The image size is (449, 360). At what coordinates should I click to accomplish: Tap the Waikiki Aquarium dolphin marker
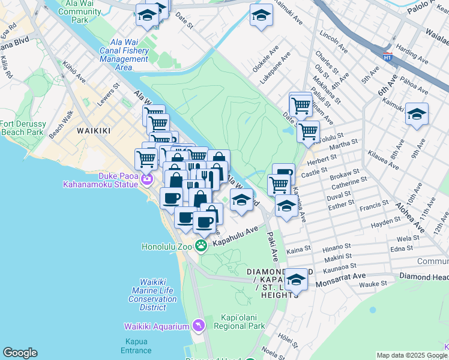(199, 326)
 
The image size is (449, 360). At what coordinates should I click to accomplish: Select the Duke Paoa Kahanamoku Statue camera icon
(147, 178)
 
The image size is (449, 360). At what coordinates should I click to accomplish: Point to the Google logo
(20, 353)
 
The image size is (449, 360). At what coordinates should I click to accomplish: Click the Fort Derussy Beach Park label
(22, 127)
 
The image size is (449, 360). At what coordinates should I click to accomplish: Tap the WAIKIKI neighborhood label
(94, 130)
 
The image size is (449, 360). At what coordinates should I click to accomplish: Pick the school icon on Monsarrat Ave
(296, 279)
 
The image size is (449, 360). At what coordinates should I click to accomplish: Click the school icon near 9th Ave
(416, 113)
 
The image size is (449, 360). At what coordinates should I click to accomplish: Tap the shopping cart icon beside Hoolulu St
(308, 131)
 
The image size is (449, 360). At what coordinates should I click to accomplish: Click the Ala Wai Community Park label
(80, 11)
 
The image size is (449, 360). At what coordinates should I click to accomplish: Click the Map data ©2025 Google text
(412, 355)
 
